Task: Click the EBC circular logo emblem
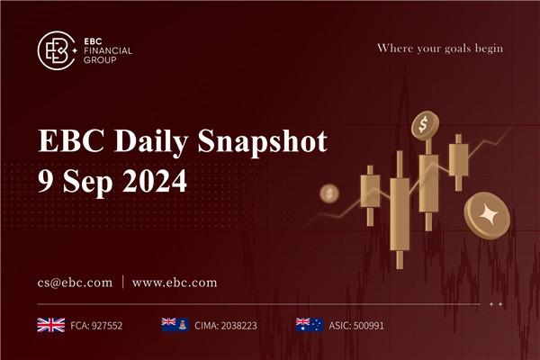[x=57, y=51]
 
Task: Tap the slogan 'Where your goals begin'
[x=439, y=47]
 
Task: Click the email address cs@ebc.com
[x=75, y=282]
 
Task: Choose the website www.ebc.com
[x=175, y=282]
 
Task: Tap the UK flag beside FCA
[x=49, y=324]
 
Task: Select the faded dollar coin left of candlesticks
[x=330, y=193]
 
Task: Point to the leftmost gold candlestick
[x=368, y=193]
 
